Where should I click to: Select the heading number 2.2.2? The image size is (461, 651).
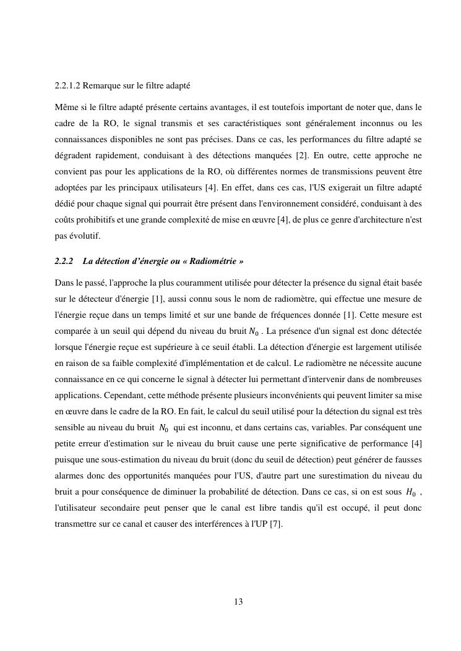click(64, 262)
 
